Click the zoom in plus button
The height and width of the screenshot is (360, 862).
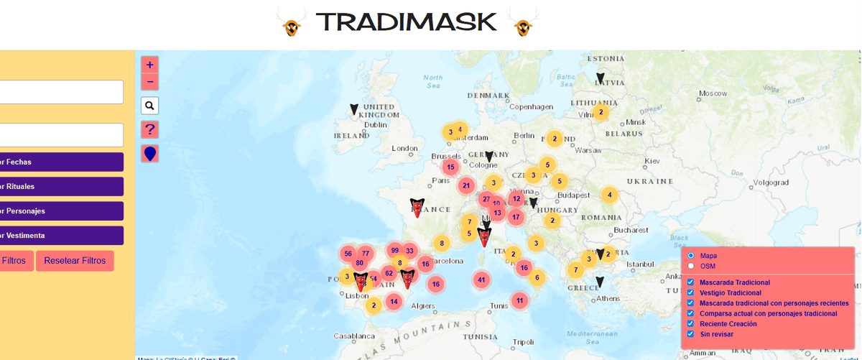coord(150,65)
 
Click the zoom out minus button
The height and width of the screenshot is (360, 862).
coord(150,81)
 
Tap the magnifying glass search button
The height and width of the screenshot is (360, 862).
coord(150,106)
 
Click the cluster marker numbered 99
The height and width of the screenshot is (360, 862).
coord(394,250)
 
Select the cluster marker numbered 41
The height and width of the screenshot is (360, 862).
coord(481,280)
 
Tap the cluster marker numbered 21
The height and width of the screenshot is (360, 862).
coord(466,185)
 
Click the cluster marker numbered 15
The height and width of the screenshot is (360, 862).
coord(450,167)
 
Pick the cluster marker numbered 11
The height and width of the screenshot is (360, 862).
coord(519,300)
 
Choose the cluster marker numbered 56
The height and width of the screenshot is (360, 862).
coord(348,254)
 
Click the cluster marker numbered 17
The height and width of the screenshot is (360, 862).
coord(516,216)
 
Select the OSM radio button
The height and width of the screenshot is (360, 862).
coord(691,266)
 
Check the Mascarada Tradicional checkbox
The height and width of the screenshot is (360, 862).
coord(691,282)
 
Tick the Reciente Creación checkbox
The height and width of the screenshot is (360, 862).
coord(691,324)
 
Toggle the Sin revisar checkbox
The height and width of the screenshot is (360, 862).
coord(691,334)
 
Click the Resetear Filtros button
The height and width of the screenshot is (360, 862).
coord(75,260)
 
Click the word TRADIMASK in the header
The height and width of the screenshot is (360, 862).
coord(406,22)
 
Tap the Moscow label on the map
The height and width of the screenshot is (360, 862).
coord(714,93)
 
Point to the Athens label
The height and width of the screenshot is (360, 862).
coord(608,298)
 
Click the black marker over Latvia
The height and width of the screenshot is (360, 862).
coord(601,78)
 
